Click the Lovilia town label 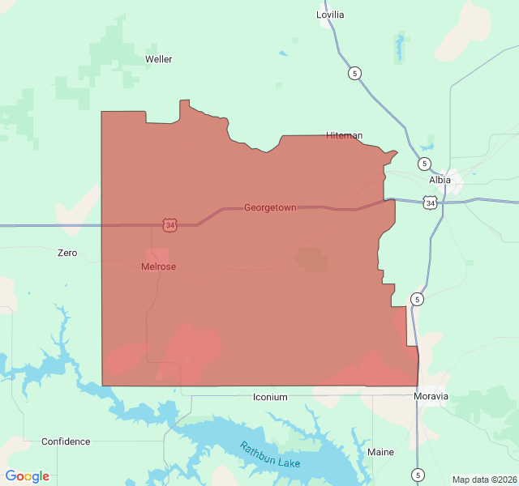(330, 15)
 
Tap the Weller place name (158, 59)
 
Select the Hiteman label (344, 135)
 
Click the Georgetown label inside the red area (270, 208)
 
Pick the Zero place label (67, 253)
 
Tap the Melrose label (158, 266)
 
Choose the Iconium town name (270, 397)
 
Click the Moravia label (431, 396)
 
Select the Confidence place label (66, 441)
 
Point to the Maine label (380, 452)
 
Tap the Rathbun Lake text (270, 455)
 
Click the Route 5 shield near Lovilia (354, 73)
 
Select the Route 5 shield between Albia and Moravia (417, 300)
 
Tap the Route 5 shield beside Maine (418, 475)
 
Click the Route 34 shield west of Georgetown (169, 225)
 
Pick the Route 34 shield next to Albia (430, 202)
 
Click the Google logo (28, 476)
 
